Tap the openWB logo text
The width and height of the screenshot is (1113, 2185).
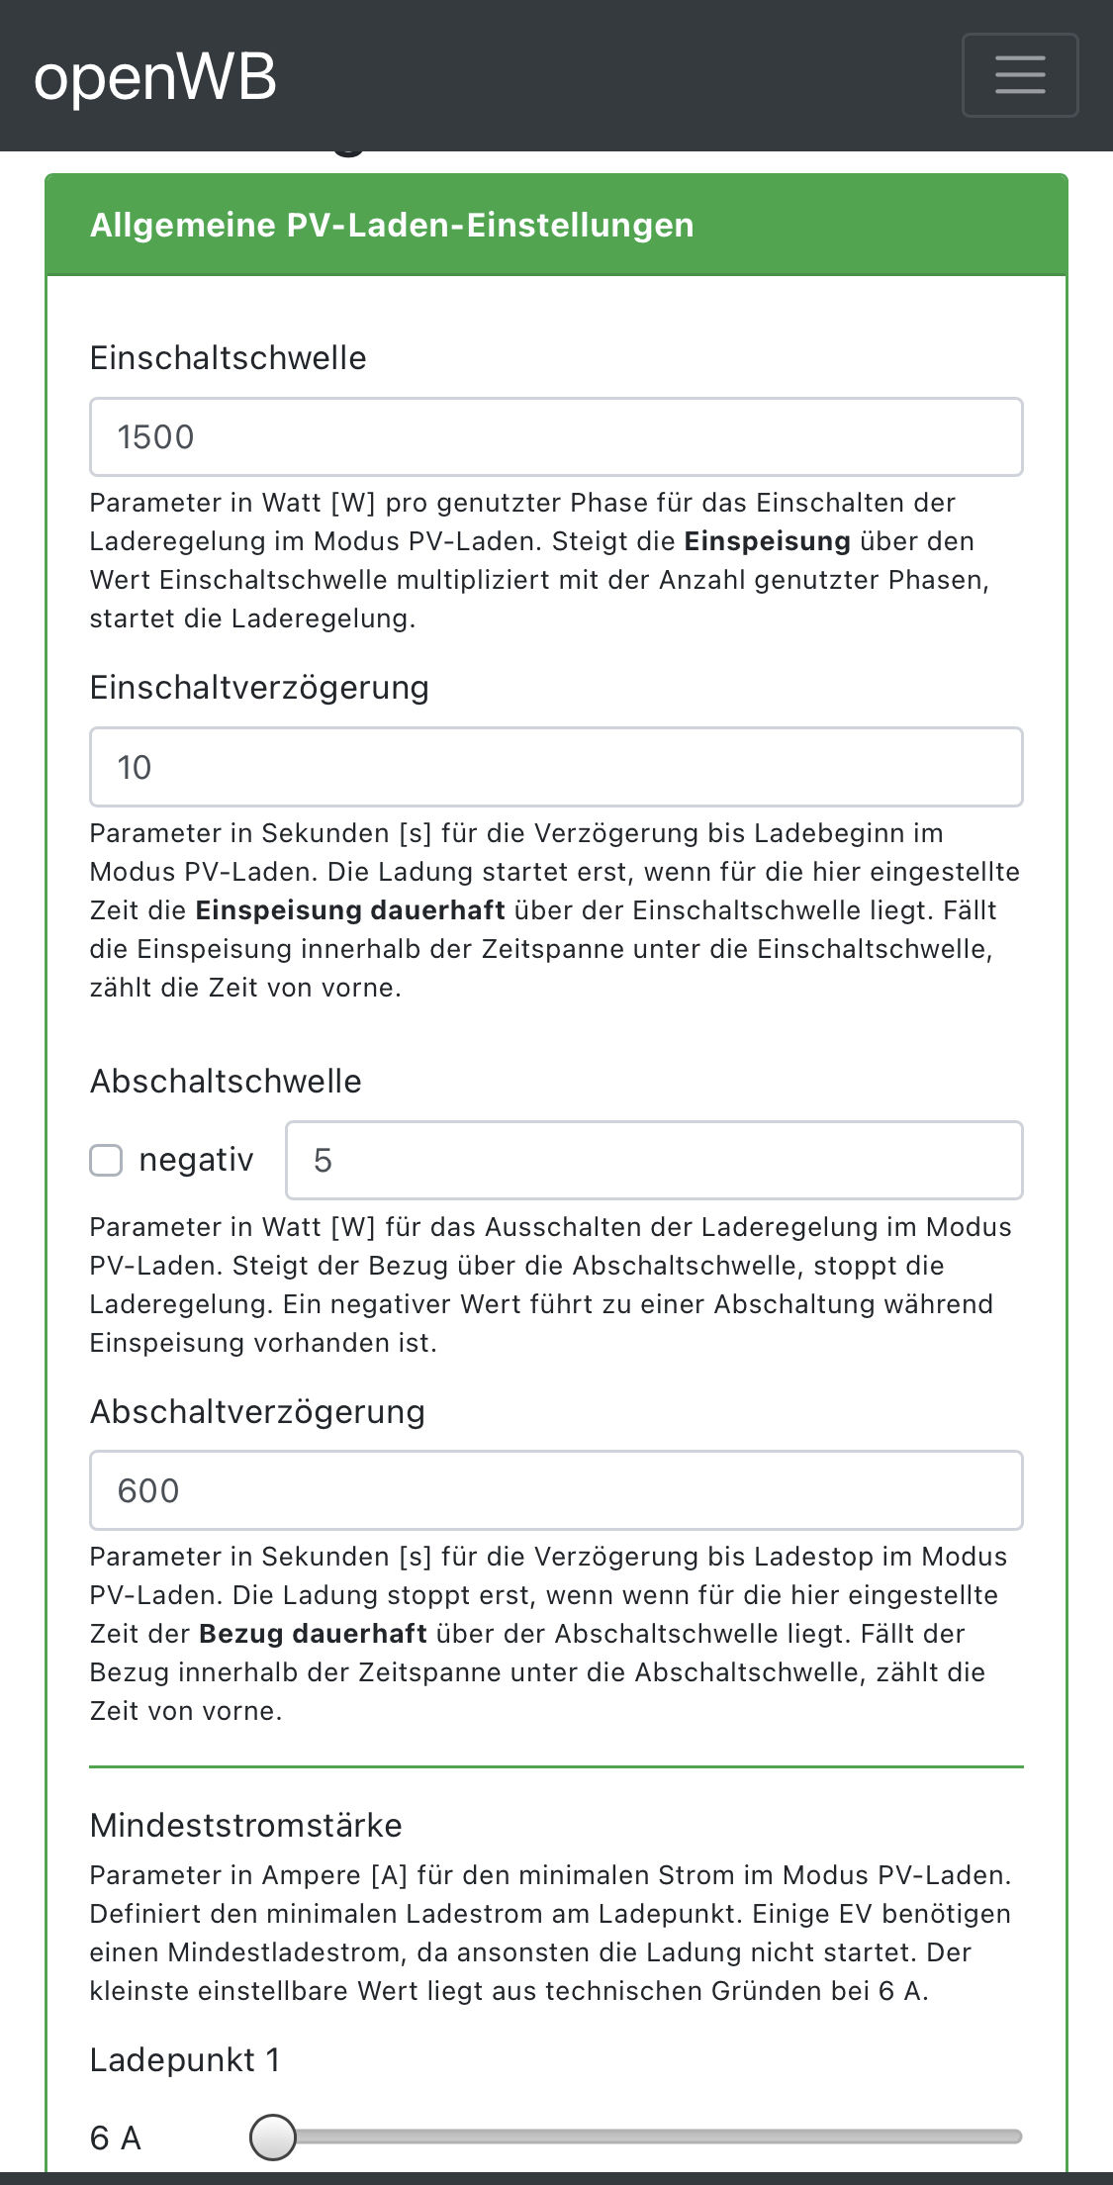[x=155, y=77]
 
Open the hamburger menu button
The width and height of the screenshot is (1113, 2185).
[x=1019, y=75]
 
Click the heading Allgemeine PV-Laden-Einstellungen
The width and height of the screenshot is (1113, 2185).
[x=392, y=226]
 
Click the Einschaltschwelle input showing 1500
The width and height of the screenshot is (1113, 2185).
[x=556, y=437]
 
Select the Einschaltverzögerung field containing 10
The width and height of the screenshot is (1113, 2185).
[x=556, y=767]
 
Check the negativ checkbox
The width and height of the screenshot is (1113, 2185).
[x=106, y=1160]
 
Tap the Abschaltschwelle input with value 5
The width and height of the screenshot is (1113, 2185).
[x=653, y=1160]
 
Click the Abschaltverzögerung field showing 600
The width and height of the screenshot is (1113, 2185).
[x=556, y=1490]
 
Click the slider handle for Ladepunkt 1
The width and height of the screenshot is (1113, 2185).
[x=273, y=2137]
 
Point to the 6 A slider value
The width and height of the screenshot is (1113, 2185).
[x=116, y=2138]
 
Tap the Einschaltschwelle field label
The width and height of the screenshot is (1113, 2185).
[x=228, y=358]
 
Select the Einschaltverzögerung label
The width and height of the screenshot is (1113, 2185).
[x=259, y=688]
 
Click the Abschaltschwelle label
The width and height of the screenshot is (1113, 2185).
[x=226, y=1082]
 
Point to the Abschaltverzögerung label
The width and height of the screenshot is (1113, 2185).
[x=257, y=1412]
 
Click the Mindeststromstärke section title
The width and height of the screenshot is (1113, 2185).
[x=245, y=1826]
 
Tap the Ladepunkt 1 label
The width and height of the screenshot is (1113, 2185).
[x=185, y=2060]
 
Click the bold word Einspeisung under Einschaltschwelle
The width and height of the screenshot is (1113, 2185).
[x=767, y=541]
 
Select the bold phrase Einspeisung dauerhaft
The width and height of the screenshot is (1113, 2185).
[x=350, y=910]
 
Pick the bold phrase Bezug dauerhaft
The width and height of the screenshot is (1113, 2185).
[x=313, y=1634]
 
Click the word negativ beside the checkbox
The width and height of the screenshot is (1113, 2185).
[x=196, y=1160]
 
